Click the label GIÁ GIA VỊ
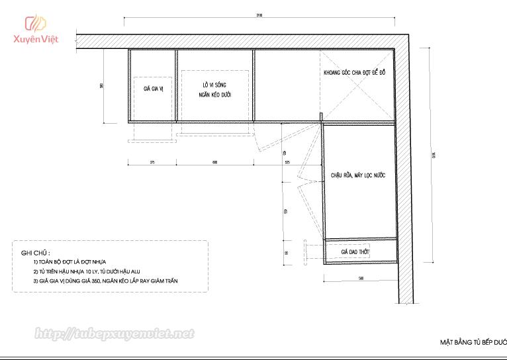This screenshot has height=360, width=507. [x=153, y=89]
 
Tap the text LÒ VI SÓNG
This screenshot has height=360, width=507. [x=214, y=85]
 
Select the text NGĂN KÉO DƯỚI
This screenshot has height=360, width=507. [x=214, y=95]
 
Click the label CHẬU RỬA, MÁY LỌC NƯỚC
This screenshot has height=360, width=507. [x=358, y=175]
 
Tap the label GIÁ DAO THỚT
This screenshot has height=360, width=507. [x=355, y=253]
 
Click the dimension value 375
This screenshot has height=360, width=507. [x=152, y=162]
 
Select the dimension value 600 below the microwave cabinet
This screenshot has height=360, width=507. [x=215, y=162]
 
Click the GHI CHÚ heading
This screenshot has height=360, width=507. [x=36, y=253]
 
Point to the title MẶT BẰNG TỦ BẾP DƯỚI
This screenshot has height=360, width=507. [x=473, y=343]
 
